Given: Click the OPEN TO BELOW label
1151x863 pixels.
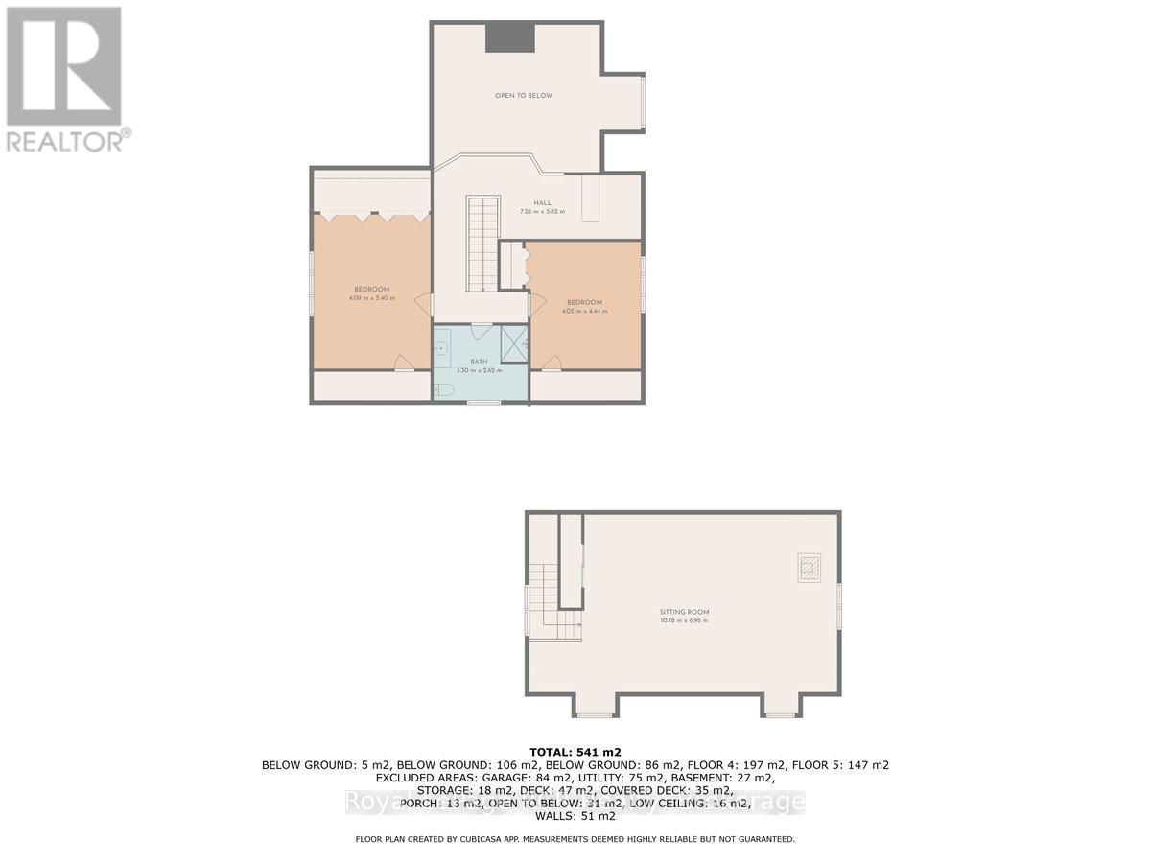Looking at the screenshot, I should pos(523,96).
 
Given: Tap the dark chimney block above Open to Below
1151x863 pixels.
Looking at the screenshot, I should pos(508,38).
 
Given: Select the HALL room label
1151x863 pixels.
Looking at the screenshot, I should pos(543,202).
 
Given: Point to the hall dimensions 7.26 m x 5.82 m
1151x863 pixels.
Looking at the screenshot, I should pos(543,211).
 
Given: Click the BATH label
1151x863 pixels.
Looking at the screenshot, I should pos(479,362).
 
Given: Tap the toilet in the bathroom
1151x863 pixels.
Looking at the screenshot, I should pos(443,388).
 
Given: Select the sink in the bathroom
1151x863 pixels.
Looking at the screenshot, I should pos(441,350).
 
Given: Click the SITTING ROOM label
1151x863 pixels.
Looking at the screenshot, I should pos(684,612).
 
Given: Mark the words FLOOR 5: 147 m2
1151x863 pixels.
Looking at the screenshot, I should pos(849,765).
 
